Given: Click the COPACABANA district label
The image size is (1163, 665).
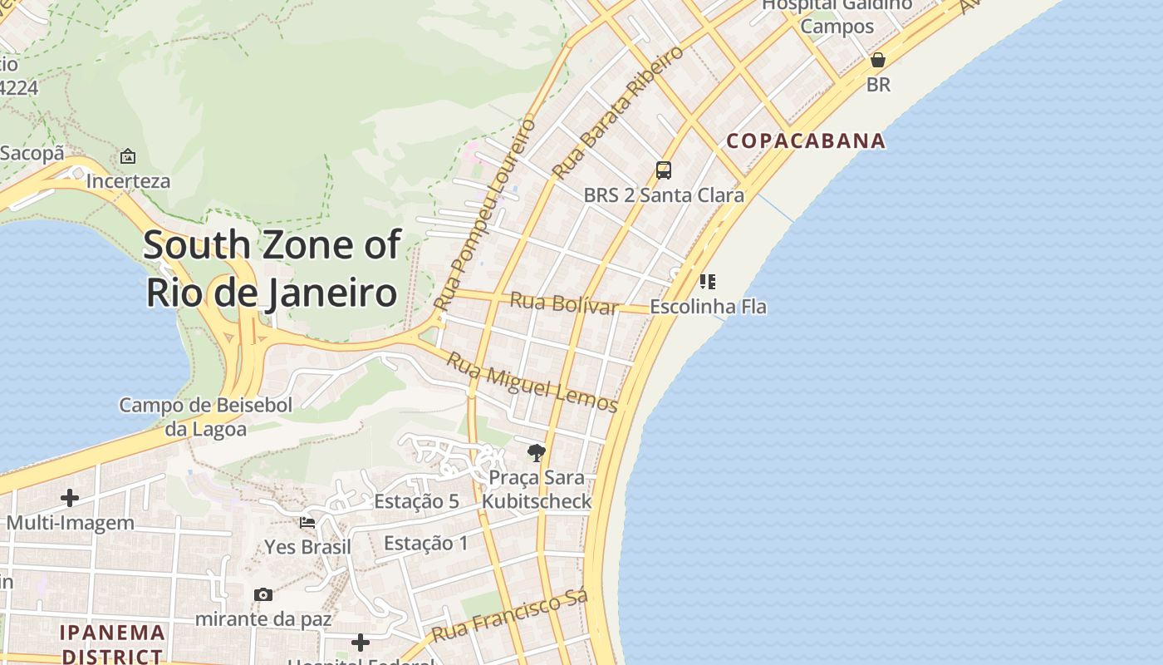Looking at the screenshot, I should pos(806,140).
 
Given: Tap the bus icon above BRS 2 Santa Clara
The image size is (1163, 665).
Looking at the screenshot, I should pos(663,170).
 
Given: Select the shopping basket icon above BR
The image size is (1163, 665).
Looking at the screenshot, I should pos(878,60).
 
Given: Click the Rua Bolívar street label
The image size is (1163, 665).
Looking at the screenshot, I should pos(564,303).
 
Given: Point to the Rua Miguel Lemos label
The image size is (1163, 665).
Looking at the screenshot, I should pos(532,382).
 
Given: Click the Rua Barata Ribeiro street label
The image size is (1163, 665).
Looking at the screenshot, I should pos(618,112).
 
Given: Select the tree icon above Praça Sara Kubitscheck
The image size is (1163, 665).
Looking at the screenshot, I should pos(537,453).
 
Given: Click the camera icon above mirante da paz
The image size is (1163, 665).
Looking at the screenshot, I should pos(263,594).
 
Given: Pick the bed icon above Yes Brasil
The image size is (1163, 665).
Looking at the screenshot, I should pos(307,523).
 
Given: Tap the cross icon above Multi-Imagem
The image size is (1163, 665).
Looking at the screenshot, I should pos(70,498).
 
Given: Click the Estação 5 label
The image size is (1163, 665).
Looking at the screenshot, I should pos(416,501).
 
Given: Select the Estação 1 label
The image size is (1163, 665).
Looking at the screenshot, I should pos(425,544).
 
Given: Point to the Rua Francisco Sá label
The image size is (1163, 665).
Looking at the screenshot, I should pos(509,616).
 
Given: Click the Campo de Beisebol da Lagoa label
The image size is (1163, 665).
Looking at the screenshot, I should pos(206,417).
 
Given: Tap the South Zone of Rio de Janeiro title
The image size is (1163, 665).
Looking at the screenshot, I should pos(272,268).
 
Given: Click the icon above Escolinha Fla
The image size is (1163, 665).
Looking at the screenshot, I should pos(707,282).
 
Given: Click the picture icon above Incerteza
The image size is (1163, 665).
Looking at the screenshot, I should pos(128,156).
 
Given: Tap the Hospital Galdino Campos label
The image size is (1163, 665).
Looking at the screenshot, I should pos(837,15).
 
